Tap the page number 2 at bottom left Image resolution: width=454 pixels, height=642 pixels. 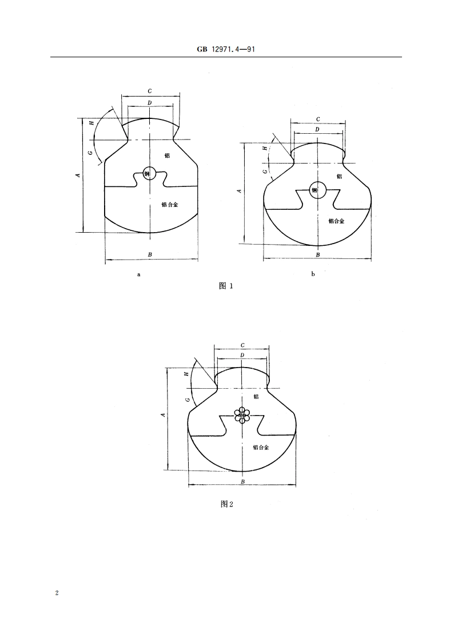(57, 593)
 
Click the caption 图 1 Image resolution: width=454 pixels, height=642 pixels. (226, 286)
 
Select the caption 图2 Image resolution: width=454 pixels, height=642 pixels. (227, 504)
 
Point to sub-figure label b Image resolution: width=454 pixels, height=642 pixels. (313, 274)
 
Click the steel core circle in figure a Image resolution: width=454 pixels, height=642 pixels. (149, 173)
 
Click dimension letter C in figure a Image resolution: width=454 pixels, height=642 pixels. (150, 91)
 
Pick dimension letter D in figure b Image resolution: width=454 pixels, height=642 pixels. (317, 130)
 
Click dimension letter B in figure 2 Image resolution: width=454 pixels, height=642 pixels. (242, 482)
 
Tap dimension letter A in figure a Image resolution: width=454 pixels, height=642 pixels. (78, 175)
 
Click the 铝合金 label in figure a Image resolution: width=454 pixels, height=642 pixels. (170, 204)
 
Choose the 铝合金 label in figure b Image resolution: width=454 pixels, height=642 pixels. (336, 221)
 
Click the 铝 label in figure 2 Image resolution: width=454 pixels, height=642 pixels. (256, 396)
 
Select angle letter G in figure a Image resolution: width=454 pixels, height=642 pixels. (90, 153)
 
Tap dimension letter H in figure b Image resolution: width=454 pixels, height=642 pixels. (264, 148)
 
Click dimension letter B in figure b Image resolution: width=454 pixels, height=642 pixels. (318, 254)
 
